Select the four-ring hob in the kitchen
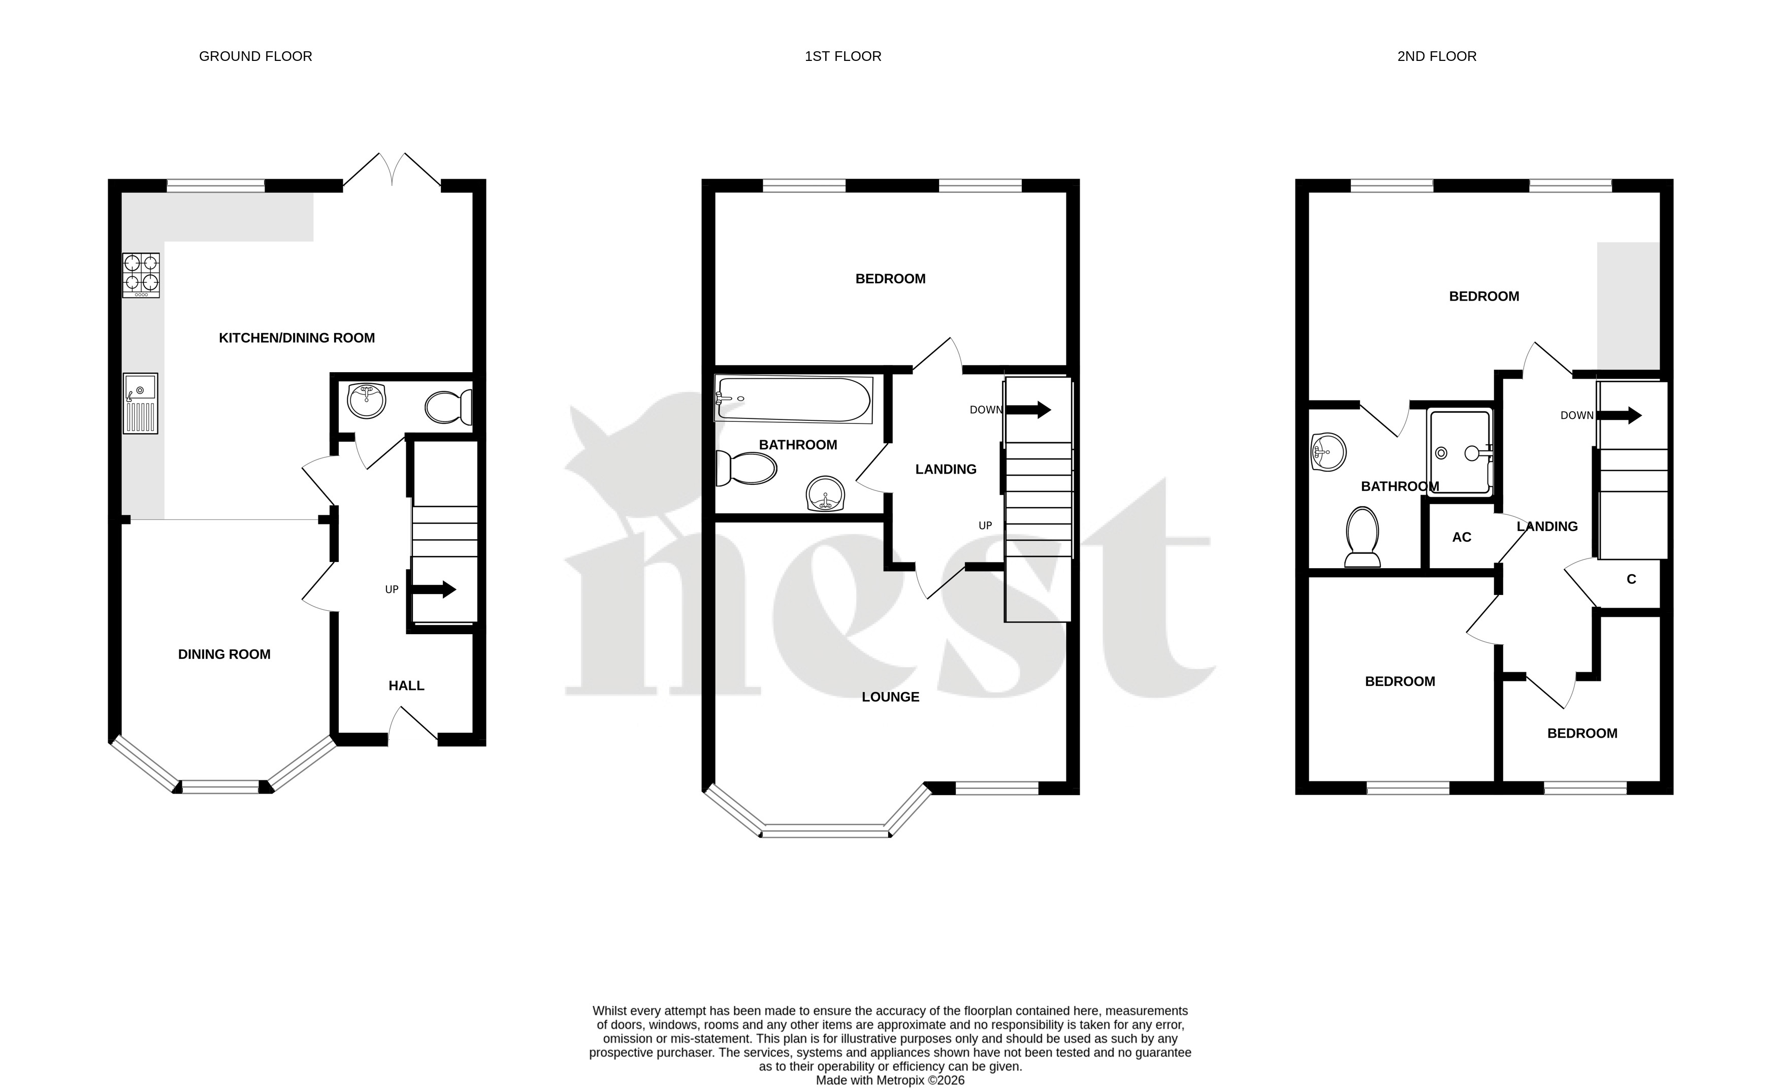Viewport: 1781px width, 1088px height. pos(141,275)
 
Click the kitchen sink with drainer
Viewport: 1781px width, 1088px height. pos(140,403)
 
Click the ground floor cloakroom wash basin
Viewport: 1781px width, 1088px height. pos(367,401)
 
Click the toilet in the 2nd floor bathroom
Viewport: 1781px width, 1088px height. pos(1363,536)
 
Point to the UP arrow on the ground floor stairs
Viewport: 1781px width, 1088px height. pos(433,589)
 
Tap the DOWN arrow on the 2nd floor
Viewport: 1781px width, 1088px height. pos(1619,415)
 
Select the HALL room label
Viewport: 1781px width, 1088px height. pos(406,685)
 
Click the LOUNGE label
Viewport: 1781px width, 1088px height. pos(891,697)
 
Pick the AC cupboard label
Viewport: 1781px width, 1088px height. pos(1462,538)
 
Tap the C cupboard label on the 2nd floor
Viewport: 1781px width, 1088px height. pos(1631,579)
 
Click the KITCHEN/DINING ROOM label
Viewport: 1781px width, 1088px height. pos(297,338)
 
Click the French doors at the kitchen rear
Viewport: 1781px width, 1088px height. pos(392,171)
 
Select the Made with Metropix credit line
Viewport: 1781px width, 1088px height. pos(891,1081)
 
